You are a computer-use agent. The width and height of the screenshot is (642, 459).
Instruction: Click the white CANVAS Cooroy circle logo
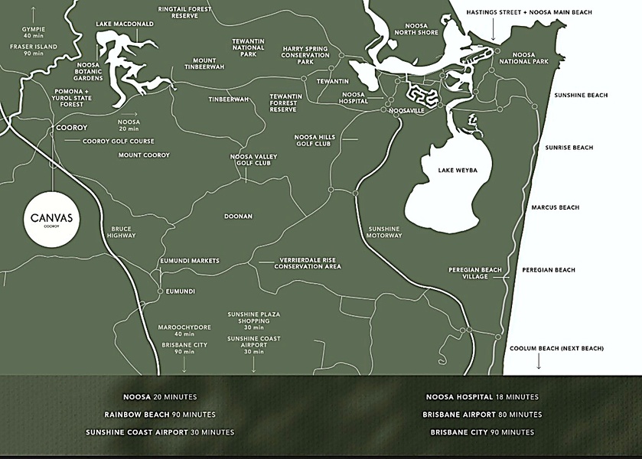(52, 219)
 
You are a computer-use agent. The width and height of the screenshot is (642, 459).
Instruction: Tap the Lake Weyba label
(458, 170)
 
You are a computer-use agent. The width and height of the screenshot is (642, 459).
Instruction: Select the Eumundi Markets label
(190, 261)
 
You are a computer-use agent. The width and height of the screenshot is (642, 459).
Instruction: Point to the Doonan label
(238, 216)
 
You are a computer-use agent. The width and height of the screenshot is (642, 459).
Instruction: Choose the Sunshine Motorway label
(384, 232)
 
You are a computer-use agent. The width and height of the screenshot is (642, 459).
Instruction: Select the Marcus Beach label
(556, 207)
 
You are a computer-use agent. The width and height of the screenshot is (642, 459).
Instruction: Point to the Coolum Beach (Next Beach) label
(556, 348)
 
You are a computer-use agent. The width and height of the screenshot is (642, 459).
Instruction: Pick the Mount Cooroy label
(144, 155)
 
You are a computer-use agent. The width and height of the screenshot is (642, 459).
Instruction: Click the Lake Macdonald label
(125, 24)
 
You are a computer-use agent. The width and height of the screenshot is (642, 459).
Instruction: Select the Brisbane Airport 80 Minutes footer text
(481, 415)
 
